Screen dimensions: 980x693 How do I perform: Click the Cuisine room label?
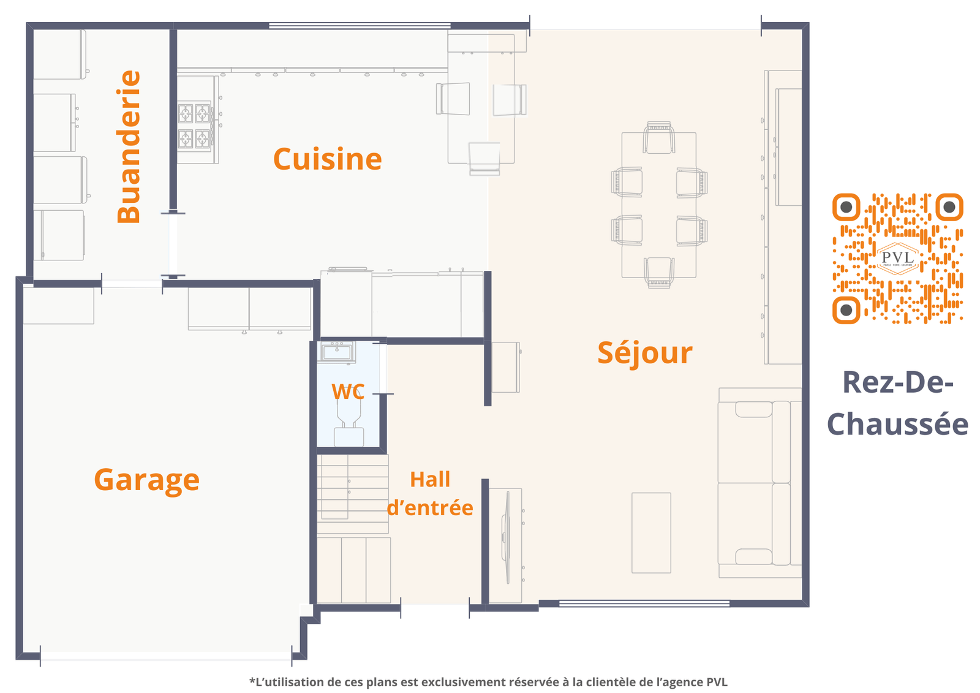327,159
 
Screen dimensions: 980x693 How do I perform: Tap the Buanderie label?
129,146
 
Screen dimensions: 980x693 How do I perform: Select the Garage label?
146,480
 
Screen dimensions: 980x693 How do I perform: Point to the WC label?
348,392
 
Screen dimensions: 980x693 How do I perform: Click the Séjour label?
645,353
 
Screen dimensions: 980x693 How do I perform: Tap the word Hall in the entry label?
429,479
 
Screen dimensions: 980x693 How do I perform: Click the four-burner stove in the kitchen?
194,126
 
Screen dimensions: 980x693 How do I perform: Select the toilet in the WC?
349,423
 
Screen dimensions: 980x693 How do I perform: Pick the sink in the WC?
336,352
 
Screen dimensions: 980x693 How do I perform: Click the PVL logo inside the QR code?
898,259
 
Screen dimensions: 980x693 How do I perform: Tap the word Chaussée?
897,425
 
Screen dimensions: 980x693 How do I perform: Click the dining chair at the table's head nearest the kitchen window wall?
659,137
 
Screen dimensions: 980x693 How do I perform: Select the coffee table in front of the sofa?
651,533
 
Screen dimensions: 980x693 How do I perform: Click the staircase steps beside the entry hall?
353,494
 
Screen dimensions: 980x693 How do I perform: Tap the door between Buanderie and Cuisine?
173,244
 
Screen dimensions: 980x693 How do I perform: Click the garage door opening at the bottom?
166,656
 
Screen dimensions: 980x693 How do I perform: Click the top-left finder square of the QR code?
846,207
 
